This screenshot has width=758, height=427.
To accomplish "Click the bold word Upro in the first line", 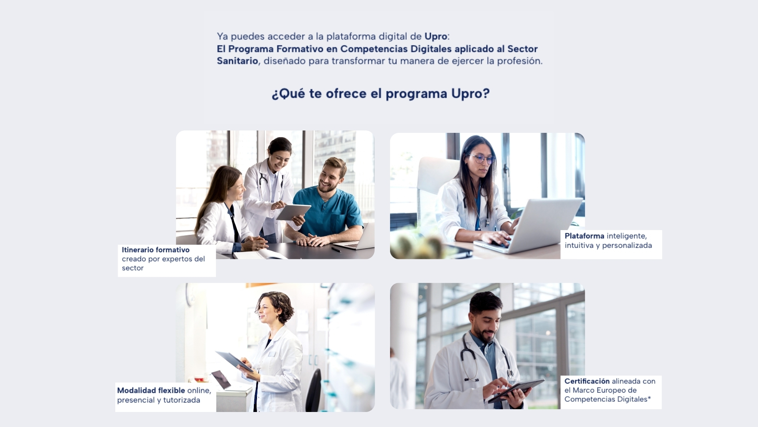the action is [x=436, y=36].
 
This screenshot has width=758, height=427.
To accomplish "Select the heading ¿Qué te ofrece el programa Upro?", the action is [x=381, y=94].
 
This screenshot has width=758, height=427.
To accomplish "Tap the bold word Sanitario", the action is [x=237, y=61].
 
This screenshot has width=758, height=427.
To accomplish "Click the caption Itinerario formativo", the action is [x=156, y=250].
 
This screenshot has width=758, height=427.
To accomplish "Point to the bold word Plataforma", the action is [x=584, y=236].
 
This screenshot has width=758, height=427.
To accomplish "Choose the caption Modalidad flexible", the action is [x=151, y=390].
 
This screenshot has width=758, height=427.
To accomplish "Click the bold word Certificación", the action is [x=587, y=381].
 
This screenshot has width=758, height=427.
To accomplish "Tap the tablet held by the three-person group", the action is [x=293, y=212].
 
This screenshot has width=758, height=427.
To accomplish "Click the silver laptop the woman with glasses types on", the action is [x=529, y=225].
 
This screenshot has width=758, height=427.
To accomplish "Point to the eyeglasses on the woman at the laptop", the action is [x=481, y=159].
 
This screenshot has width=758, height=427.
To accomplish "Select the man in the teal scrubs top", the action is [x=328, y=202].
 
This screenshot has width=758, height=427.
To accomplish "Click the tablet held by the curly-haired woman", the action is [x=234, y=361].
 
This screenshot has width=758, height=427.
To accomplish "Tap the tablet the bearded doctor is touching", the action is [x=516, y=391].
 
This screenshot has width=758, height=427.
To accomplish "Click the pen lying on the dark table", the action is [x=336, y=249].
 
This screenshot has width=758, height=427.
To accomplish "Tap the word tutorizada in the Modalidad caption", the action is [x=182, y=400].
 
